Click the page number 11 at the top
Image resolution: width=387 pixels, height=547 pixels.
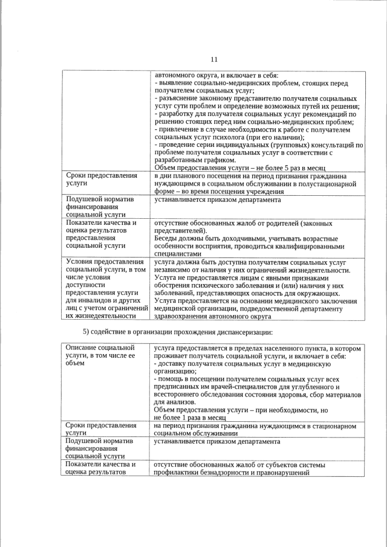click(x=213, y=59)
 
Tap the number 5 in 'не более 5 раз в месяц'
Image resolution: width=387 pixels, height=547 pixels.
click(x=276, y=167)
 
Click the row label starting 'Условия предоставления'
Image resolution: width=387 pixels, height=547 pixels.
click(x=101, y=262)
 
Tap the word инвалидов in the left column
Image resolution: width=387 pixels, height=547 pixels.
click(x=97, y=300)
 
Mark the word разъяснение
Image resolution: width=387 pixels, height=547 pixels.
click(x=180, y=98)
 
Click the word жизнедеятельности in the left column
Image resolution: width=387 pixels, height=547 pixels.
click(x=102, y=316)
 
